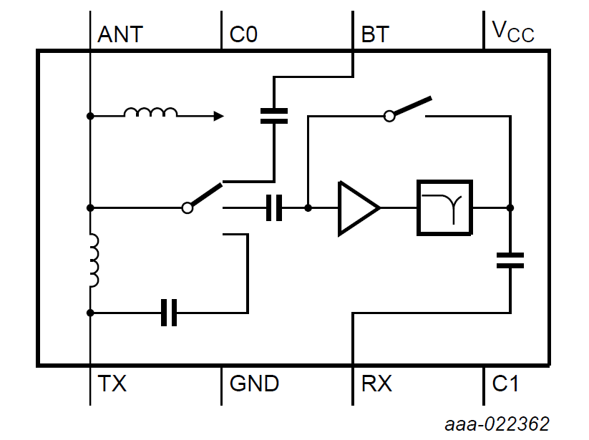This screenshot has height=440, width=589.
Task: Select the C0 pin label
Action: tap(243, 34)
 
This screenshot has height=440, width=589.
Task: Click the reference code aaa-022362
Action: tap(497, 424)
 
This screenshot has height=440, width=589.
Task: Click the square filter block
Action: tap(445, 208)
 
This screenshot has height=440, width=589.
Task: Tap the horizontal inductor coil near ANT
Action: tap(150, 112)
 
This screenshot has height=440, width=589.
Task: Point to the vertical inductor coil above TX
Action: tap(94, 260)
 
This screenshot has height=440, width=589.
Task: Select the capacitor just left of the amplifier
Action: tap(273, 208)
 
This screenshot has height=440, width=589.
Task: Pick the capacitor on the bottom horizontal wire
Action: tap(169, 313)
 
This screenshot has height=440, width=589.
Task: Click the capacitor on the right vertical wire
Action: tap(510, 260)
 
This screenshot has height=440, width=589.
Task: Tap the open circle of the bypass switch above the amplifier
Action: tap(389, 115)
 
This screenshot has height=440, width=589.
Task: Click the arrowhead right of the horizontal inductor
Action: tap(218, 115)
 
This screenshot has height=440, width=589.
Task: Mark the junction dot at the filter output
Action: tap(510, 208)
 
